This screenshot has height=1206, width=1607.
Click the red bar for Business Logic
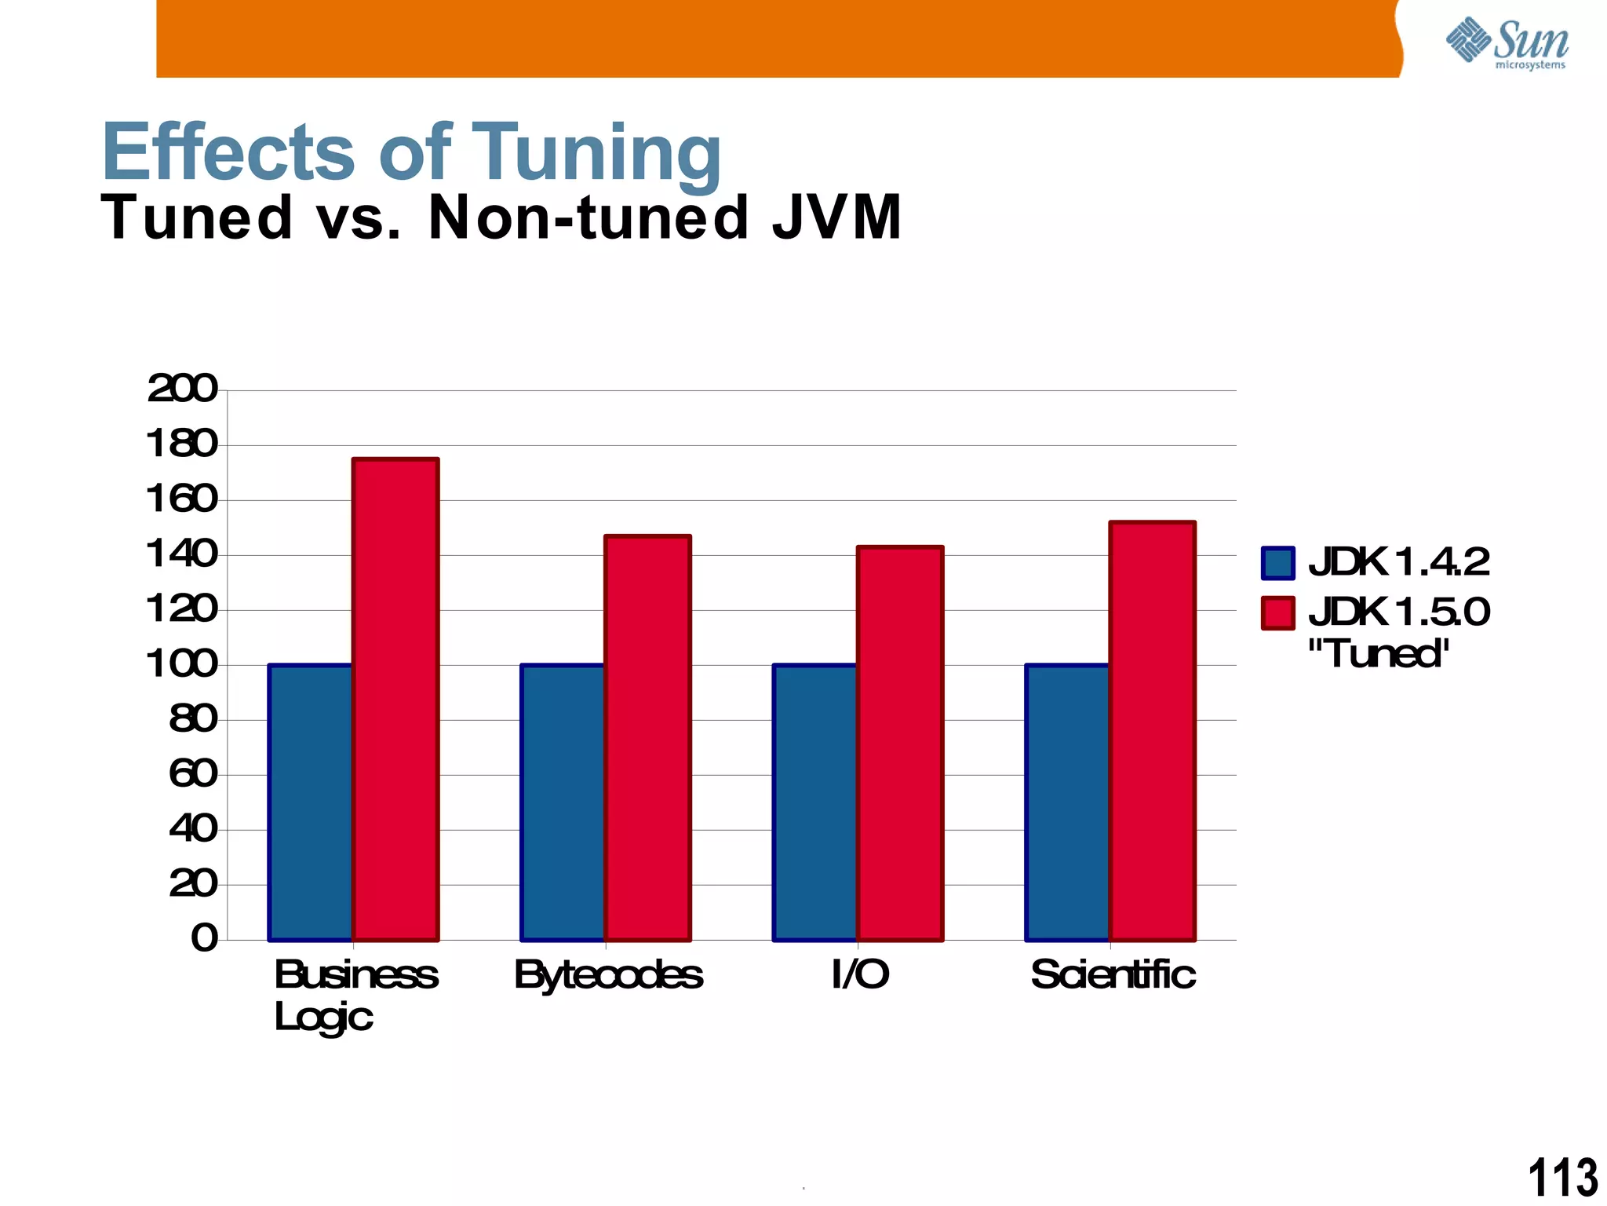pos(395,699)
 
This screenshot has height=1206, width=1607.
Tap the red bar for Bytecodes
pos(648,738)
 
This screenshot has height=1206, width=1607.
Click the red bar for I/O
pos(900,743)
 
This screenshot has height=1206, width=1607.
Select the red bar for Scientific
pos(1153,730)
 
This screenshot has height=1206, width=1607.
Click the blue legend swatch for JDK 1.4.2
pos(1277,563)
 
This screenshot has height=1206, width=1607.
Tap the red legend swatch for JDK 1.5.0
pos(1277,613)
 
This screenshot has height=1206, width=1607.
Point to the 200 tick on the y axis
pos(182,389)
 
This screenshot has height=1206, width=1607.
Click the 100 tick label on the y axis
pos(182,664)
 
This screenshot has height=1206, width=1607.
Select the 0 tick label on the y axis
pos(204,938)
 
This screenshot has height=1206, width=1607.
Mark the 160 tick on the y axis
pos(182,499)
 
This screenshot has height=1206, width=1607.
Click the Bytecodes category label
pos(608,975)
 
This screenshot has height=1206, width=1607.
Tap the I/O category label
pos(860,974)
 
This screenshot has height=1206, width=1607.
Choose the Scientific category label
pos(1113,974)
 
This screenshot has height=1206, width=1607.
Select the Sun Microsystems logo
pos(1507,43)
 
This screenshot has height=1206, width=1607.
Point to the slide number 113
pos(1561,1178)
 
